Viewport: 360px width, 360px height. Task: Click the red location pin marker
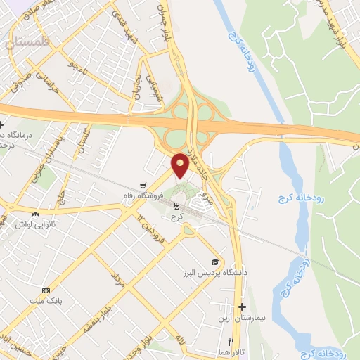click(x=180, y=165)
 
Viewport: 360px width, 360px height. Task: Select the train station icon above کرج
click(x=176, y=207)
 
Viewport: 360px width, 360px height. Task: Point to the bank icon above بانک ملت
click(x=46, y=290)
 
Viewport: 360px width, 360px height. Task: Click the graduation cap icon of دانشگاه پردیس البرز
click(x=215, y=261)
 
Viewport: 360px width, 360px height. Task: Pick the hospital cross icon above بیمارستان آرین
click(x=243, y=307)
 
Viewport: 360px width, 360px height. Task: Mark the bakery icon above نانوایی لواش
click(x=36, y=213)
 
